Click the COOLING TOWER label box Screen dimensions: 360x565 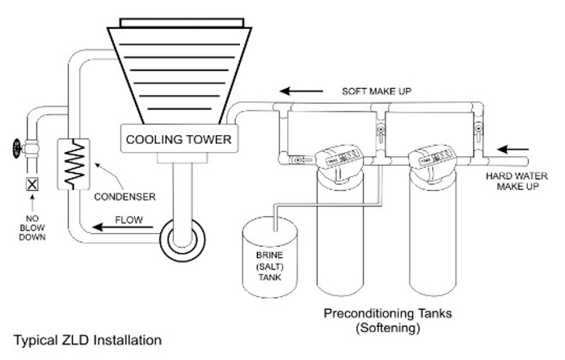[x=179, y=139]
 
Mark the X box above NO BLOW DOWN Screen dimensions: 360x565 [x=32, y=184]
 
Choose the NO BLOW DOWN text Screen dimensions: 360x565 [x=32, y=227]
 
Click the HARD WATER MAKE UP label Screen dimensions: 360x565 [x=517, y=180]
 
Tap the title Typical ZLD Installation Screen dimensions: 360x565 [x=87, y=340]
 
